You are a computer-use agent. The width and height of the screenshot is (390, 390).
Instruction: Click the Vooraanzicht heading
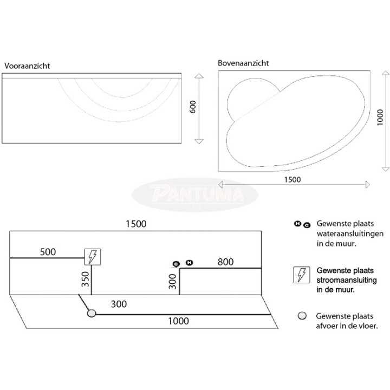pyautogui.click(x=27, y=66)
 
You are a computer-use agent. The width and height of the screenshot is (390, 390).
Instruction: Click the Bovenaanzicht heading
pyautogui.click(x=243, y=63)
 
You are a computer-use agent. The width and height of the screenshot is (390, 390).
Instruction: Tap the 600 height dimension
pyautogui.click(x=193, y=107)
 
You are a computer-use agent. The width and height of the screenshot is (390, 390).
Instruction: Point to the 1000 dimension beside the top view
pyautogui.click(x=380, y=118)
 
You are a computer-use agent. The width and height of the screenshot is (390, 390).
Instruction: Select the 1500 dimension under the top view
pyautogui.click(x=292, y=180)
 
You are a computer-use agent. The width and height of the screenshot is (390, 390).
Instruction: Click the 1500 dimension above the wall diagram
pyautogui.click(x=136, y=224)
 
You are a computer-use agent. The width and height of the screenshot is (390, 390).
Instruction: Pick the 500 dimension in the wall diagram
pyautogui.click(x=48, y=252)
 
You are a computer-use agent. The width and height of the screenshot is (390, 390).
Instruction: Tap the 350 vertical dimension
pyautogui.click(x=86, y=279)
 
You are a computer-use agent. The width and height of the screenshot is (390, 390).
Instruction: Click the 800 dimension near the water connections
pyautogui.click(x=225, y=262)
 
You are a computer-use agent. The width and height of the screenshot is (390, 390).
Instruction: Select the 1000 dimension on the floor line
pyautogui.click(x=178, y=321)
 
